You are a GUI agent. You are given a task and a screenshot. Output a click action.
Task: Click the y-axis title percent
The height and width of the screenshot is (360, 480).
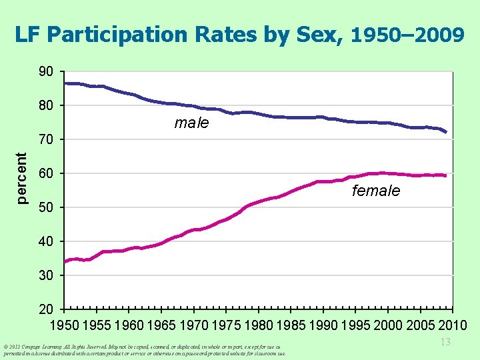click(22, 177)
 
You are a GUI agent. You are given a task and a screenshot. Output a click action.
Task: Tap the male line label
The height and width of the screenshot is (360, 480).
click(191, 123)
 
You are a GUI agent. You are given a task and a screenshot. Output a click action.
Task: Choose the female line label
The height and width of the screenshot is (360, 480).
click(376, 191)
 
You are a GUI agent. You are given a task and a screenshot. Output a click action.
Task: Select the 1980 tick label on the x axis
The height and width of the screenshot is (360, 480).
click(259, 326)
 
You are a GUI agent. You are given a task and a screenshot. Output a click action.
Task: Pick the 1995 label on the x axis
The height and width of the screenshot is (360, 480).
click(355, 326)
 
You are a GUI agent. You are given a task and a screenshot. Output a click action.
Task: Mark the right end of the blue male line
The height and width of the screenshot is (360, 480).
click(445, 132)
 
